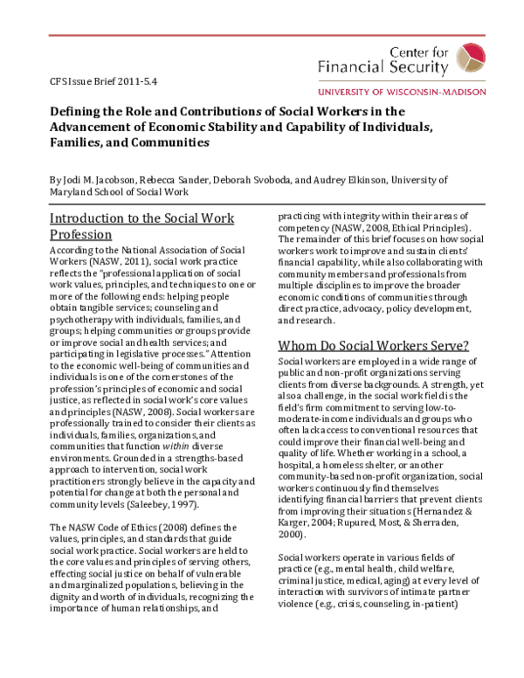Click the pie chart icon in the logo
(x=476, y=55)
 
